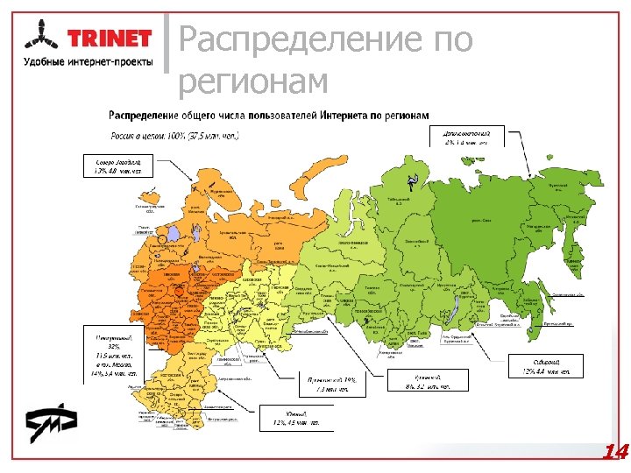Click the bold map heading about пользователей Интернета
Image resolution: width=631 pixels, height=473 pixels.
click(268, 116)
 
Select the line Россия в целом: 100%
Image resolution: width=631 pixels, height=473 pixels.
click(175, 136)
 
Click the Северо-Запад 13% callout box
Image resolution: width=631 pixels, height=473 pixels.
click(119, 166)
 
